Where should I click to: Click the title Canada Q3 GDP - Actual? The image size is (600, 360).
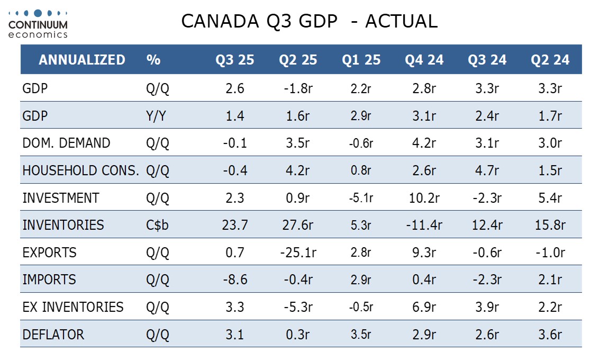tap(309, 21)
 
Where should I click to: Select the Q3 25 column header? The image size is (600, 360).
tap(234, 60)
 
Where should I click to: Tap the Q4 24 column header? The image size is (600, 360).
tap(424, 60)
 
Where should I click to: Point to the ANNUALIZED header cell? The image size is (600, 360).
tap(82, 60)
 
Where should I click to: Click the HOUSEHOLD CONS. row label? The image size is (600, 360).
tap(81, 170)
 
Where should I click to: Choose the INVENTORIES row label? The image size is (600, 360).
tap(63, 225)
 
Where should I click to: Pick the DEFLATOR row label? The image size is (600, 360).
tap(53, 335)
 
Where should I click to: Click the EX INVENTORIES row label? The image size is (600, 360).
tap(73, 307)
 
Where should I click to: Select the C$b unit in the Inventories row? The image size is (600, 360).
tap(157, 225)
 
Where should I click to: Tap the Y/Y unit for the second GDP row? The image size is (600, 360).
tap(157, 116)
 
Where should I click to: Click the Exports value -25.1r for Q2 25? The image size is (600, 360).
tap(298, 253)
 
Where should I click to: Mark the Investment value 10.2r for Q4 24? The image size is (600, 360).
tap(424, 198)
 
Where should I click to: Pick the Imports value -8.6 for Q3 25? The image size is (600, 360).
tap(234, 280)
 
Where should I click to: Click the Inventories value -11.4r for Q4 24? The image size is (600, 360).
tap(424, 225)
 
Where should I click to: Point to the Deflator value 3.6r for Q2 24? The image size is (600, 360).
tap(550, 335)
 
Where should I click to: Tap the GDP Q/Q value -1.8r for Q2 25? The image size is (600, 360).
tap(298, 88)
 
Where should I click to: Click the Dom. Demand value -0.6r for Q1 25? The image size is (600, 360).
tap(361, 143)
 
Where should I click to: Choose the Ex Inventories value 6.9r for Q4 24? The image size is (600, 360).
tap(424, 307)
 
